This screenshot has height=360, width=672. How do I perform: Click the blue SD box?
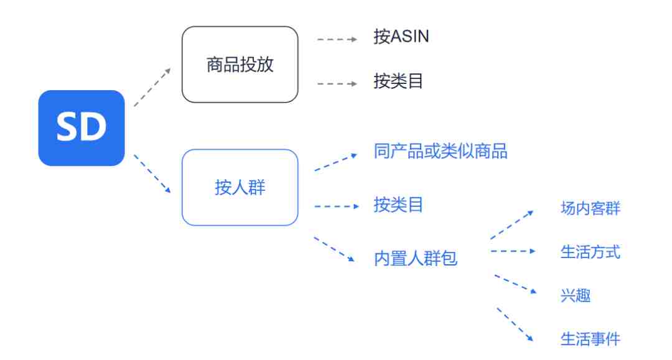point(82,127)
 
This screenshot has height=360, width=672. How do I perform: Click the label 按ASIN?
point(401,37)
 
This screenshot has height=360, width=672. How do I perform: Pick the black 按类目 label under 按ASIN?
point(398,81)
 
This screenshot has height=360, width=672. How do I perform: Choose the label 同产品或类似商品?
point(441,151)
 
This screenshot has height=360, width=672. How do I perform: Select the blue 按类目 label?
point(398,205)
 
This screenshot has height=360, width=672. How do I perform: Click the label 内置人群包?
point(415,258)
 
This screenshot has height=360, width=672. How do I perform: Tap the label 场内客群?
point(590,208)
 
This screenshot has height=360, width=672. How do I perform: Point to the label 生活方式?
point(590,252)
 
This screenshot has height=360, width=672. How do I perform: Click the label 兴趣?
point(575,295)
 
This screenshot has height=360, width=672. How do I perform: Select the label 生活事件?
point(590,339)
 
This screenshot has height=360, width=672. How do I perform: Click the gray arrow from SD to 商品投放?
point(152,87)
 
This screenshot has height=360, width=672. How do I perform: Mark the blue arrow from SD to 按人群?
point(152,174)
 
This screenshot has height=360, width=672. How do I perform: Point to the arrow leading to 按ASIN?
point(337,39)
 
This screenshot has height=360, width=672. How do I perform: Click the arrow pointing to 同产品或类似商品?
point(335,162)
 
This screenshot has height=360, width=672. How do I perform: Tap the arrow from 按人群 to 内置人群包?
point(334,249)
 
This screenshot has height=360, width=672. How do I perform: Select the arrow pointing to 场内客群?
point(511,224)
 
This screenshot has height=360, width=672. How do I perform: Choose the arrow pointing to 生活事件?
point(515,324)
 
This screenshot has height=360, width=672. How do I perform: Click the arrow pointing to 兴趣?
point(516,284)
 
